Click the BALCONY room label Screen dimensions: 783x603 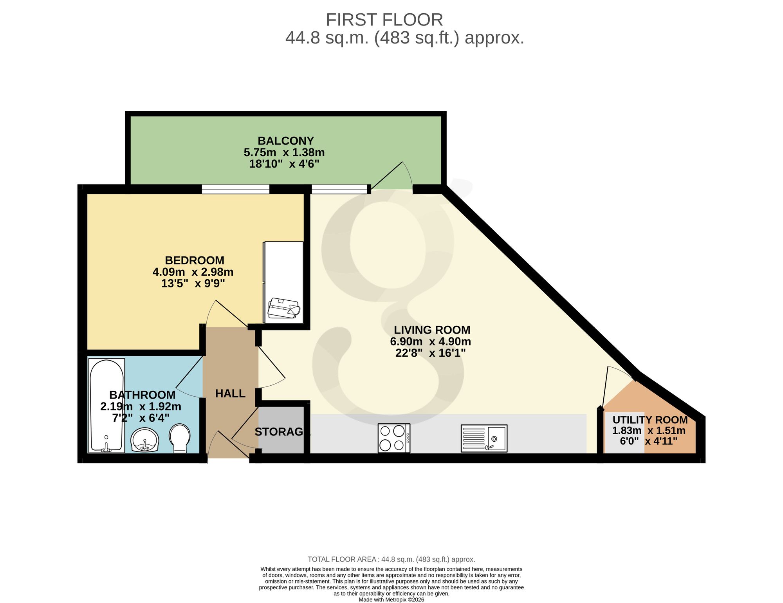click(286, 141)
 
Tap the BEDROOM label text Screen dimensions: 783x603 click(195, 260)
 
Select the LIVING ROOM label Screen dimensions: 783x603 click(432, 330)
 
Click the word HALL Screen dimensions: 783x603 click(230, 394)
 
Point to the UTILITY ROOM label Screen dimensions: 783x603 click(650, 420)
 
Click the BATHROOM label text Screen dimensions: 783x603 click(142, 395)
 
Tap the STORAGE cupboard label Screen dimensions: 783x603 click(280, 432)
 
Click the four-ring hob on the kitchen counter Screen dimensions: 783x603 click(394, 438)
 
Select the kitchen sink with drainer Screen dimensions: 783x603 click(484, 438)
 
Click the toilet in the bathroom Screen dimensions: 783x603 click(180, 439)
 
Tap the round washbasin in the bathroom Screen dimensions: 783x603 click(145, 440)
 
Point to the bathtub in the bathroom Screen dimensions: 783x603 click(106, 406)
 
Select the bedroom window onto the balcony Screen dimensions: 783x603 click(236, 190)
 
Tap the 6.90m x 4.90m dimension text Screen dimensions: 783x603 click(430, 342)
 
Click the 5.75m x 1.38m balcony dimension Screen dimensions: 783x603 click(284, 152)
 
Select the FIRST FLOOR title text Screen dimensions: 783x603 click(384, 20)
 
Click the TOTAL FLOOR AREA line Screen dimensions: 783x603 click(391, 560)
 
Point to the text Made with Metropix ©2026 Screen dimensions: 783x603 click(391, 600)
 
